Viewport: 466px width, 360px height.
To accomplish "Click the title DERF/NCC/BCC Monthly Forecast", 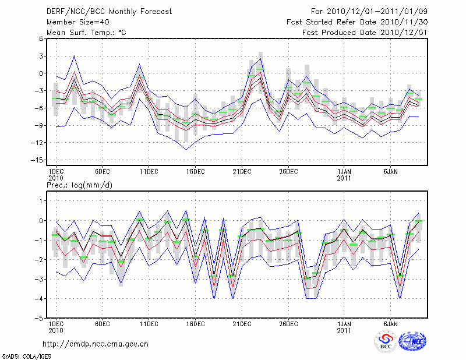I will [x=109, y=12].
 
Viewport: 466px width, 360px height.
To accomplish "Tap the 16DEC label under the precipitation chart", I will [x=195, y=324].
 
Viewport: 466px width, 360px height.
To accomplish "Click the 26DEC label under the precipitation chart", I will [x=288, y=324].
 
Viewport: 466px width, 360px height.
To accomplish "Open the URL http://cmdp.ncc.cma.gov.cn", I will [x=96, y=344].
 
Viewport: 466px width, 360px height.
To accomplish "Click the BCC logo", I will [x=386, y=342].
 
